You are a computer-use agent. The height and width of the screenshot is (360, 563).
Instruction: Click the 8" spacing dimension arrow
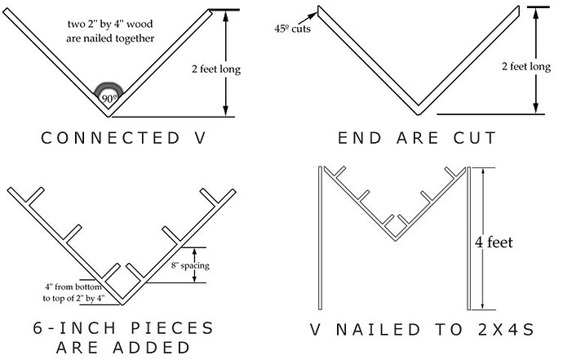(x=194, y=265)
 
